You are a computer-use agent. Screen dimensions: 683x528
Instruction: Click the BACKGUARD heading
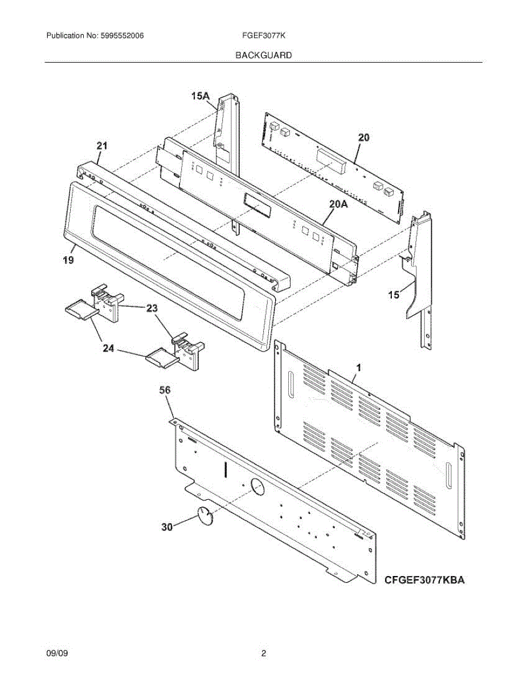[264, 55]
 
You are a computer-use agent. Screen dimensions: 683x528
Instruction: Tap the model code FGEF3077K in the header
[264, 36]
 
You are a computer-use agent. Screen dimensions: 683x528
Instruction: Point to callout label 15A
[200, 97]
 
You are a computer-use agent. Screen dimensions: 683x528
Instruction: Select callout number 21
[101, 147]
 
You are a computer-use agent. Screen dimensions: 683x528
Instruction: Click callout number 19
[68, 260]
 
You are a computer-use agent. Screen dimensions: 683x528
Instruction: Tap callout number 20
[363, 137]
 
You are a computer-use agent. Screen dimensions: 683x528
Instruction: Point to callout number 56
[165, 390]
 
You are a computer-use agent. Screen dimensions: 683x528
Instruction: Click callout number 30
[166, 528]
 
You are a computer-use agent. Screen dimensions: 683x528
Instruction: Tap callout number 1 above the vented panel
[358, 367]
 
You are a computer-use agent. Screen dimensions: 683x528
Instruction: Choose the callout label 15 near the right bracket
[392, 295]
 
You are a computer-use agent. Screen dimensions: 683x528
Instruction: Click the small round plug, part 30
[205, 515]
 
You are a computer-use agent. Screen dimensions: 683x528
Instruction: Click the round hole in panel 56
[257, 487]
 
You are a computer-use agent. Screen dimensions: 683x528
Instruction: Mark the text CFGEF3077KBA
[425, 580]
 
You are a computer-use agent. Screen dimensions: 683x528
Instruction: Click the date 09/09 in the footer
[58, 654]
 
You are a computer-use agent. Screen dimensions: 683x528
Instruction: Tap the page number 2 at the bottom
[264, 654]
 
